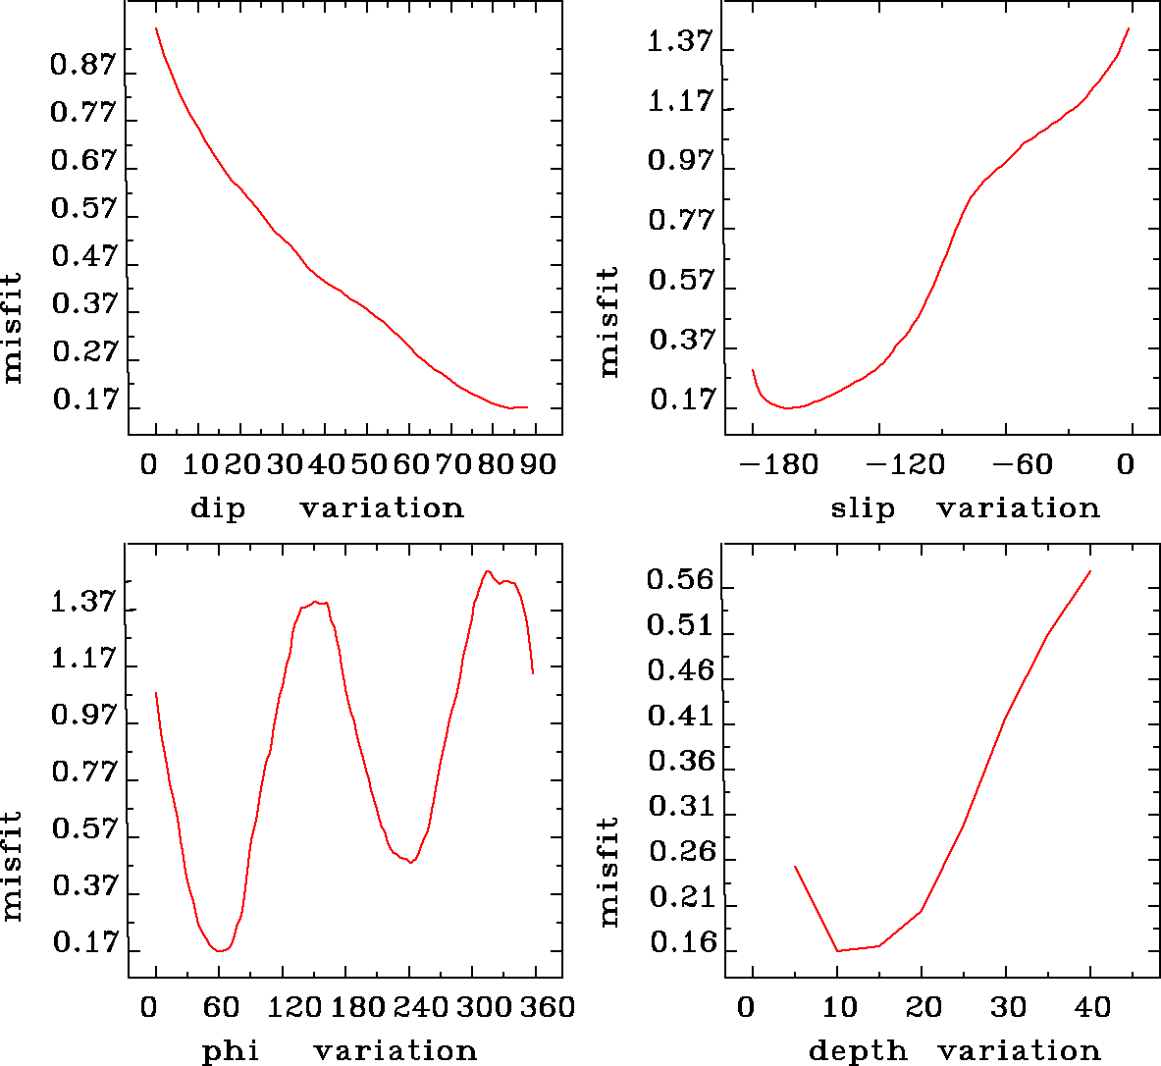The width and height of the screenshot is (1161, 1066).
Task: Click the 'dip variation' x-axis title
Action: click(326, 507)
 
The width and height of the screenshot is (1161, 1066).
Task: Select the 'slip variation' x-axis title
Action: click(965, 507)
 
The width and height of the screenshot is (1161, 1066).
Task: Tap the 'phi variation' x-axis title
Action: click(340, 1050)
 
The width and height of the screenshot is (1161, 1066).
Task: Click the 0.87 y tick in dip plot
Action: click(83, 67)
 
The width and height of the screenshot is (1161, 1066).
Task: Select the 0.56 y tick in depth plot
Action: click(680, 580)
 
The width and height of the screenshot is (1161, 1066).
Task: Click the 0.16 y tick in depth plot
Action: click(680, 943)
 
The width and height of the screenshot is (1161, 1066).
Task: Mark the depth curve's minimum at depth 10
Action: click(837, 950)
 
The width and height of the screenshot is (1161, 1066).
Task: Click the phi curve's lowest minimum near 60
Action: click(220, 950)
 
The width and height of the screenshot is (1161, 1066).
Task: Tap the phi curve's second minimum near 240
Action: click(412, 862)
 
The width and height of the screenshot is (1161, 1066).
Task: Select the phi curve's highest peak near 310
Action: click(488, 571)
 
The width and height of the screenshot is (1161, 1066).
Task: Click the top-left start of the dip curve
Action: click(155, 28)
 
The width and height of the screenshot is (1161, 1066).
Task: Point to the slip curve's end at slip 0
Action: click(1129, 28)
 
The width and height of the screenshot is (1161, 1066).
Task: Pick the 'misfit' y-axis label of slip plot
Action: click(609, 321)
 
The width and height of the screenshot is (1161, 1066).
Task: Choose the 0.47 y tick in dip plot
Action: click(83, 257)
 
